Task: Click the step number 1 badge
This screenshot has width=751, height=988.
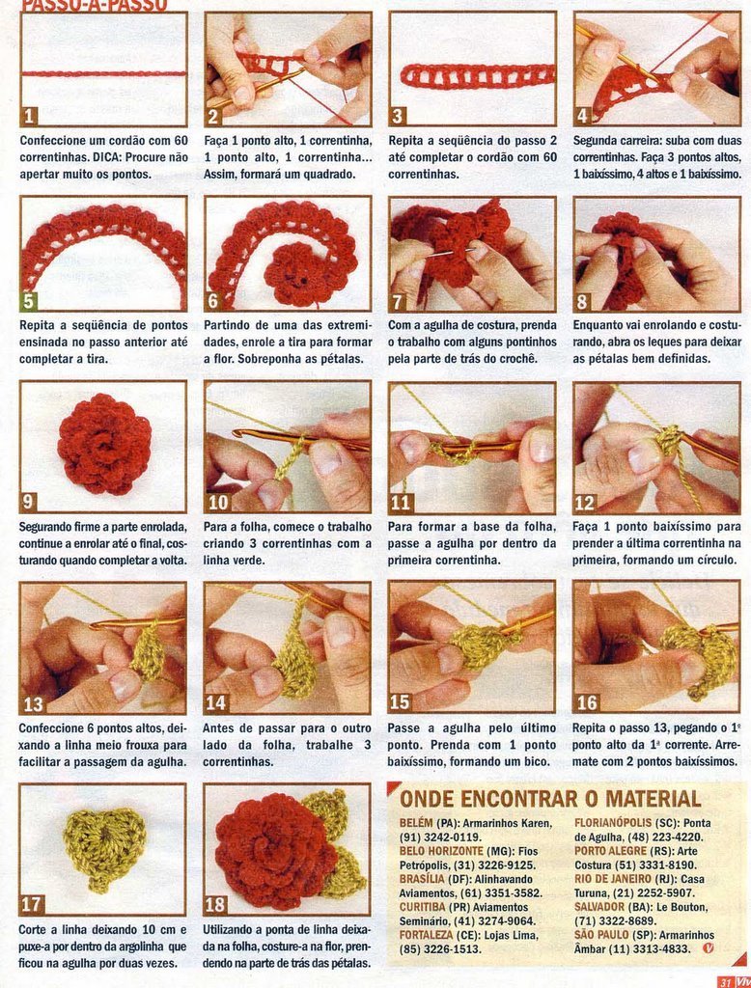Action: pyautogui.click(x=29, y=116)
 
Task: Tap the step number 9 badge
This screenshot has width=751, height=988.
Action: pyautogui.click(x=28, y=502)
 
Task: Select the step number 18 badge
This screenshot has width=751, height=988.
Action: pyautogui.click(x=215, y=905)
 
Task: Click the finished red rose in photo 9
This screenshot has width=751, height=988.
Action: pyautogui.click(x=104, y=444)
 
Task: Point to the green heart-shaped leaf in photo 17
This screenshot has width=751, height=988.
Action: pyautogui.click(x=104, y=847)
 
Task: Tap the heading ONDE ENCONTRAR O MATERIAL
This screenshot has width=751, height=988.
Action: pyautogui.click(x=550, y=799)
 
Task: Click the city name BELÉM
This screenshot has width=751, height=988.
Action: pyautogui.click(x=416, y=823)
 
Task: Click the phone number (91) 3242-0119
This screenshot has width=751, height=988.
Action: pyautogui.click(x=440, y=837)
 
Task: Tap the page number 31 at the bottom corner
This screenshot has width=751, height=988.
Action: pyautogui.click(x=725, y=982)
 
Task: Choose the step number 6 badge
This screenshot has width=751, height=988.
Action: pyautogui.click(x=213, y=301)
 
